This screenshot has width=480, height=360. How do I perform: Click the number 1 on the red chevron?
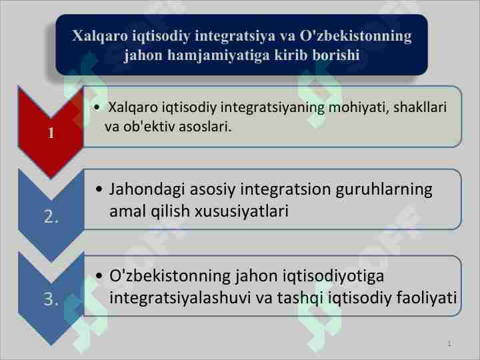pyautogui.click(x=51, y=133)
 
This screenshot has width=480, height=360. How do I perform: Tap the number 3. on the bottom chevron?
pyautogui.click(x=51, y=300)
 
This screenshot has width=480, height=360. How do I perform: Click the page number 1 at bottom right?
pyautogui.click(x=449, y=344)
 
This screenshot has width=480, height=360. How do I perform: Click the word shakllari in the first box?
pyautogui.click(x=420, y=107)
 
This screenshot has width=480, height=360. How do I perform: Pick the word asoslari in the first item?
pyautogui.click(x=207, y=126)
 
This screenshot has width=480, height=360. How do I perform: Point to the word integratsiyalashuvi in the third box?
pyautogui.click(x=181, y=297)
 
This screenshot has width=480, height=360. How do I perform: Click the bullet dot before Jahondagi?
pyautogui.click(x=99, y=190)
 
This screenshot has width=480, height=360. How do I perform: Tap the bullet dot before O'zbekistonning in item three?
pyautogui.click(x=99, y=276)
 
